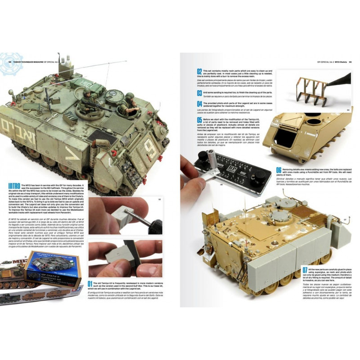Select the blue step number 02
point(199,72)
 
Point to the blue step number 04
point(199,104)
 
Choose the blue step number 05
point(199,121)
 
